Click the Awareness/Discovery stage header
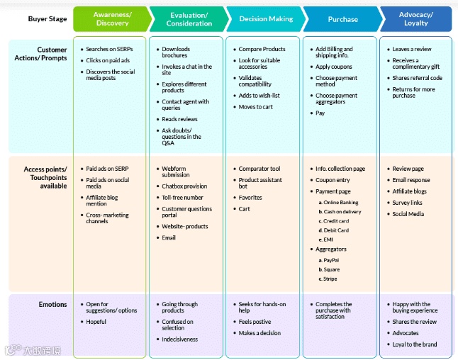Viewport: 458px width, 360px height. coord(111,19)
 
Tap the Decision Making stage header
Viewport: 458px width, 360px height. coord(266,19)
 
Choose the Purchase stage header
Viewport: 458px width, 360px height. coord(342,19)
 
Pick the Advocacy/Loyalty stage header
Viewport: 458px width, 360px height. coord(416,19)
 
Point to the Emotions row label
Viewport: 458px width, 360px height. coord(53,305)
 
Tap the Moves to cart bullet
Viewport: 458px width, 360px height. coord(255,107)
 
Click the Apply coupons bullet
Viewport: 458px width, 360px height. coord(334,67)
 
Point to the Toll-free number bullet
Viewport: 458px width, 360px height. coord(182,198)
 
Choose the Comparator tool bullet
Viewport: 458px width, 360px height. coord(259,169)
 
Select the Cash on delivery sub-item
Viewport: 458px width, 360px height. coord(342,212)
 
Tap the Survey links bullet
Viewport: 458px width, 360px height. coord(407,203)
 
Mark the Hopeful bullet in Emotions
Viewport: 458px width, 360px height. coord(96,322)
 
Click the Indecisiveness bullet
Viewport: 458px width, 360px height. coord(179,339)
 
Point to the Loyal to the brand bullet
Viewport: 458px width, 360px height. coord(415,344)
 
